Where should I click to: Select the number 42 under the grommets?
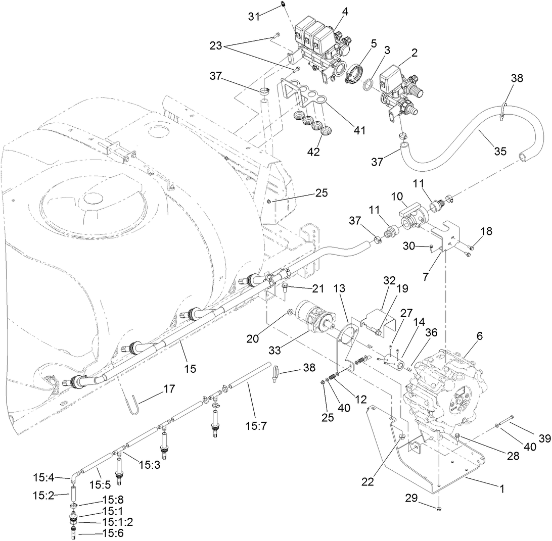click(314, 151)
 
